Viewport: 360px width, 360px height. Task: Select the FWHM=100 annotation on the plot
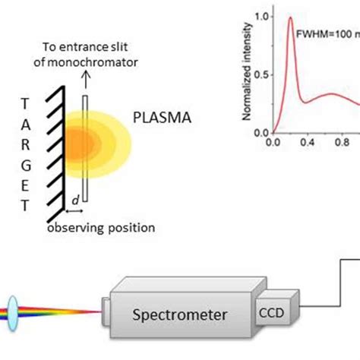324,34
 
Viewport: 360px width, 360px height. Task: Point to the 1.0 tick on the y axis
262,15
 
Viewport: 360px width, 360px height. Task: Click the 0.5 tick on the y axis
262,74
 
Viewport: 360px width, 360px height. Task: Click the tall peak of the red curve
289,18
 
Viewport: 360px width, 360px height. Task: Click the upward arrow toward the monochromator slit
85,77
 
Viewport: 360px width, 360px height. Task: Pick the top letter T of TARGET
27,103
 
